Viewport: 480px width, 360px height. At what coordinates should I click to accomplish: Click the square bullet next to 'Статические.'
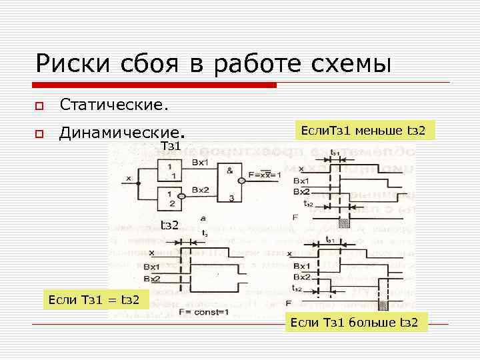pyautogui.click(x=39, y=105)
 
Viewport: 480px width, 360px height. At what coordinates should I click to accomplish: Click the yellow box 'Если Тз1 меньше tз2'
pyautogui.click(x=363, y=129)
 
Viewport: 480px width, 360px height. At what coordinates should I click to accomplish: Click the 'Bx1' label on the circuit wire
pyautogui.click(x=200, y=162)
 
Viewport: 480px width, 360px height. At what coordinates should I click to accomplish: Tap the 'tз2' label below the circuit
pyautogui.click(x=169, y=225)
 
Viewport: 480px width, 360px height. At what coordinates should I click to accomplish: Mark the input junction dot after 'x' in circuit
pyautogui.click(x=139, y=179)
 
